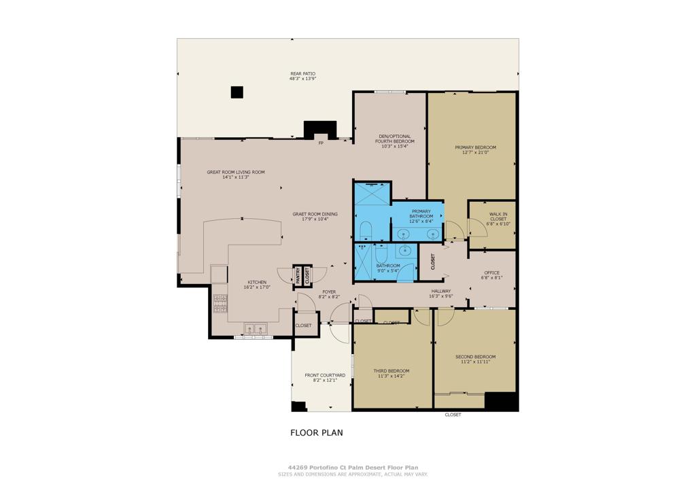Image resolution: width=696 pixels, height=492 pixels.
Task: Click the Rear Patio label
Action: (302, 73)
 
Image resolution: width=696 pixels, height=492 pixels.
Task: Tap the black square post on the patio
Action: (237, 92)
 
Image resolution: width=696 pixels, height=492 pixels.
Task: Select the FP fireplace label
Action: (321, 143)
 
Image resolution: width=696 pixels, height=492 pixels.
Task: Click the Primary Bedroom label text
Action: (475, 147)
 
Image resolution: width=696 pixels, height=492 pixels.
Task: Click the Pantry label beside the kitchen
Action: (298, 275)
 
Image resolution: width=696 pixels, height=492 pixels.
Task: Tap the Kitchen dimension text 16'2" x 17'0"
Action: (257, 287)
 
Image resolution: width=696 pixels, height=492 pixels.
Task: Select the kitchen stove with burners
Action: (220, 304)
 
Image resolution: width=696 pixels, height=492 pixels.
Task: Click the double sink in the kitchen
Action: (256, 330)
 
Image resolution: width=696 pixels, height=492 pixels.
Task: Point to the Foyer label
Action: (329, 292)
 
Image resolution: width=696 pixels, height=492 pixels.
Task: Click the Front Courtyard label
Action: (325, 375)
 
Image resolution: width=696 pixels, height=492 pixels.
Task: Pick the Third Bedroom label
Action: (391, 371)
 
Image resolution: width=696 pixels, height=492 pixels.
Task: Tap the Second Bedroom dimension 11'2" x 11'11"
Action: (475, 362)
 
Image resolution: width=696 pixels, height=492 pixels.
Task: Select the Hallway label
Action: (440, 291)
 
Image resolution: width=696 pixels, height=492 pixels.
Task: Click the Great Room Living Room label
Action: (236, 172)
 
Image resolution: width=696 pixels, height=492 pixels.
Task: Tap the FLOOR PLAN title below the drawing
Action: (317, 432)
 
